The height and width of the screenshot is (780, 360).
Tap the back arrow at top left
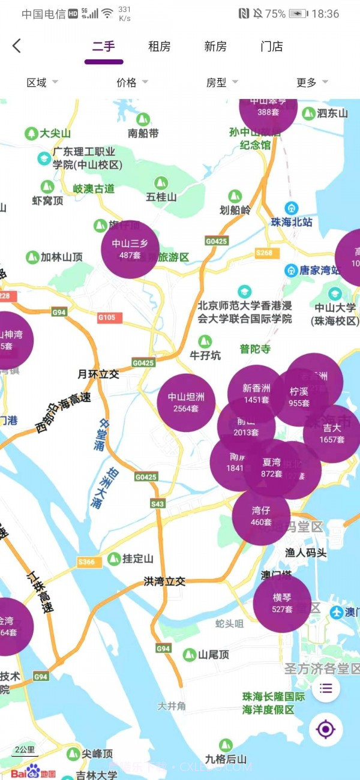tap(17, 46)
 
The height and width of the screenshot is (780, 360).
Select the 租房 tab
tap(160, 47)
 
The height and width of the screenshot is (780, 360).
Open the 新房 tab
tap(215, 47)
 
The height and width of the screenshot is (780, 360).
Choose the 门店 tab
tap(272, 47)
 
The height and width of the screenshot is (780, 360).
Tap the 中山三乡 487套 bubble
tap(130, 249)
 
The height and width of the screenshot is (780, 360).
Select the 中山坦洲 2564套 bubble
tap(186, 403)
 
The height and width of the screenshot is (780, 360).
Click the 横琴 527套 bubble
tap(282, 603)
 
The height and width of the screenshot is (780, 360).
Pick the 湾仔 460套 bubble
tap(261, 517)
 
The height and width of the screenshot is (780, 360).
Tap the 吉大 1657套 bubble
tap(332, 434)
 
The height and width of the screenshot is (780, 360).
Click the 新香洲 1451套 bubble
tap(256, 394)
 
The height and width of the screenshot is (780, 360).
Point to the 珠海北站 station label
tap(292, 222)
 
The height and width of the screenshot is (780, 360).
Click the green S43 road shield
tap(158, 504)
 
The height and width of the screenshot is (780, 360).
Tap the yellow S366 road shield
tap(86, 562)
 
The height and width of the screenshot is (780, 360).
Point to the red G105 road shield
tap(110, 317)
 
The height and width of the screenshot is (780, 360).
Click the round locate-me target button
tap(326, 730)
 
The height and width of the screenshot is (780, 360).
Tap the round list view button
tap(326, 688)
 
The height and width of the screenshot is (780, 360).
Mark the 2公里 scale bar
tap(25, 750)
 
